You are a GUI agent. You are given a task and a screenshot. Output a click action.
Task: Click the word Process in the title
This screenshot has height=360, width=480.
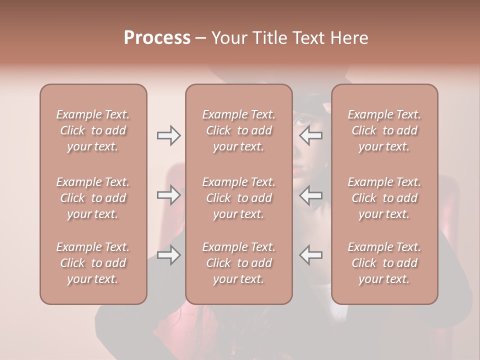(157, 38)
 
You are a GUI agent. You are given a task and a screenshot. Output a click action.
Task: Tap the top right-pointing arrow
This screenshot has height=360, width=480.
(169, 135)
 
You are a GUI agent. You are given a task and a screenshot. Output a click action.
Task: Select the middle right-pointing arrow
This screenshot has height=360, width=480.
(169, 195)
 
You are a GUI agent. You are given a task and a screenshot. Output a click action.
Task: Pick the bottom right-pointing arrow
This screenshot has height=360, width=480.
(169, 255)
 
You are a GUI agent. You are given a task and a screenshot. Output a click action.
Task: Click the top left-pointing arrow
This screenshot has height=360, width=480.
(311, 135)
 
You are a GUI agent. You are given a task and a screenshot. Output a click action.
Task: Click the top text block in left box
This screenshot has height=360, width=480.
(93, 130)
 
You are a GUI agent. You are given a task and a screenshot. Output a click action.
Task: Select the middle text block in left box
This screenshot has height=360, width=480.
(93, 198)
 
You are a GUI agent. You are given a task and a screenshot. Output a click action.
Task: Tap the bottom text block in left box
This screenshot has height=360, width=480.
(93, 263)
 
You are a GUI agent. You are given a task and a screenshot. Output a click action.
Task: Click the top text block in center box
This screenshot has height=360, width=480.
(239, 130)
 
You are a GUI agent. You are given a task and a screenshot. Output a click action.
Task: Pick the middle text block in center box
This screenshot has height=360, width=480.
(239, 198)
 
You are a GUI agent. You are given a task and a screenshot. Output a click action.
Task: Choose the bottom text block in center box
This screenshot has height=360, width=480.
(239, 263)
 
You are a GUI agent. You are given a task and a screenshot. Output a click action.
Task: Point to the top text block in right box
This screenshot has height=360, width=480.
(384, 130)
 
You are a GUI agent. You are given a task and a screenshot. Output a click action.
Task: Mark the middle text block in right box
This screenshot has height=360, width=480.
(384, 198)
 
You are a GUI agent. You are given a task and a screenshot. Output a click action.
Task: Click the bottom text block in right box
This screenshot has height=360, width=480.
(384, 263)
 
